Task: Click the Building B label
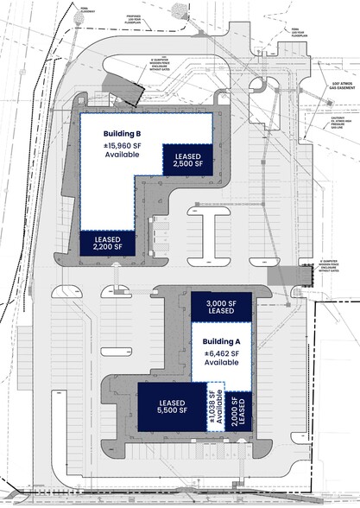coord(123,133)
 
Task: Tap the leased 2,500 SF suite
coord(187,158)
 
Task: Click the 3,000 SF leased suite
coord(221,307)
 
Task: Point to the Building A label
coord(221,341)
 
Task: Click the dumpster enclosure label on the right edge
coord(334,260)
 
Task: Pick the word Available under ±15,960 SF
coord(123,156)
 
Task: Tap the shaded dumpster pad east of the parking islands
coord(281,275)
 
